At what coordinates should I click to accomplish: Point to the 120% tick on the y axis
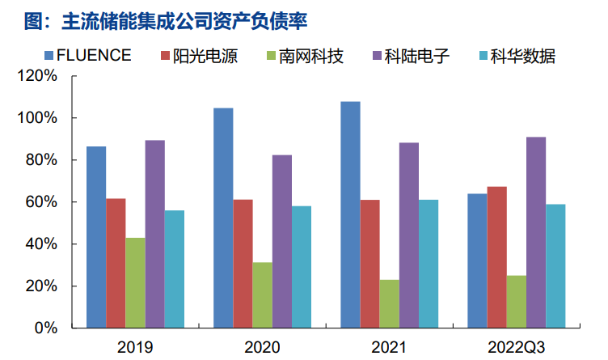coord(39,76)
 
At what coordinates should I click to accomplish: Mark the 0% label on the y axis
coord(46,328)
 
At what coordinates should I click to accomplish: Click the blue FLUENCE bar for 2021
coord(350,215)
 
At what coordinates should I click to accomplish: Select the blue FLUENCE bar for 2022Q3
coord(477,260)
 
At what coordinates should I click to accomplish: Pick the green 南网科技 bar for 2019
coord(135,283)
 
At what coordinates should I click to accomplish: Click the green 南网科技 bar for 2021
coord(389,304)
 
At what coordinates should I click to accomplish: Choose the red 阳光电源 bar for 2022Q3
coord(496,257)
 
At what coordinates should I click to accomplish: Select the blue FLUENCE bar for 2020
coord(223,218)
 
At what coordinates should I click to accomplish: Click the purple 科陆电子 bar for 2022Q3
coord(535,233)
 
